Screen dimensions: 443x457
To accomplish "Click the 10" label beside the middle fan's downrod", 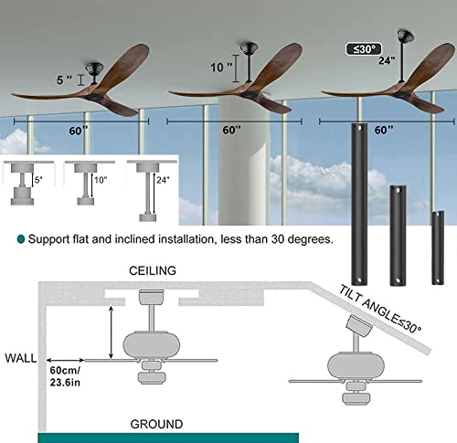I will coord(217,66).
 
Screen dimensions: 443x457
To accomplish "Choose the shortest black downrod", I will coord(438,237).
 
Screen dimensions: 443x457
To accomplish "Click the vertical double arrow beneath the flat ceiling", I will coord(111,333).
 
